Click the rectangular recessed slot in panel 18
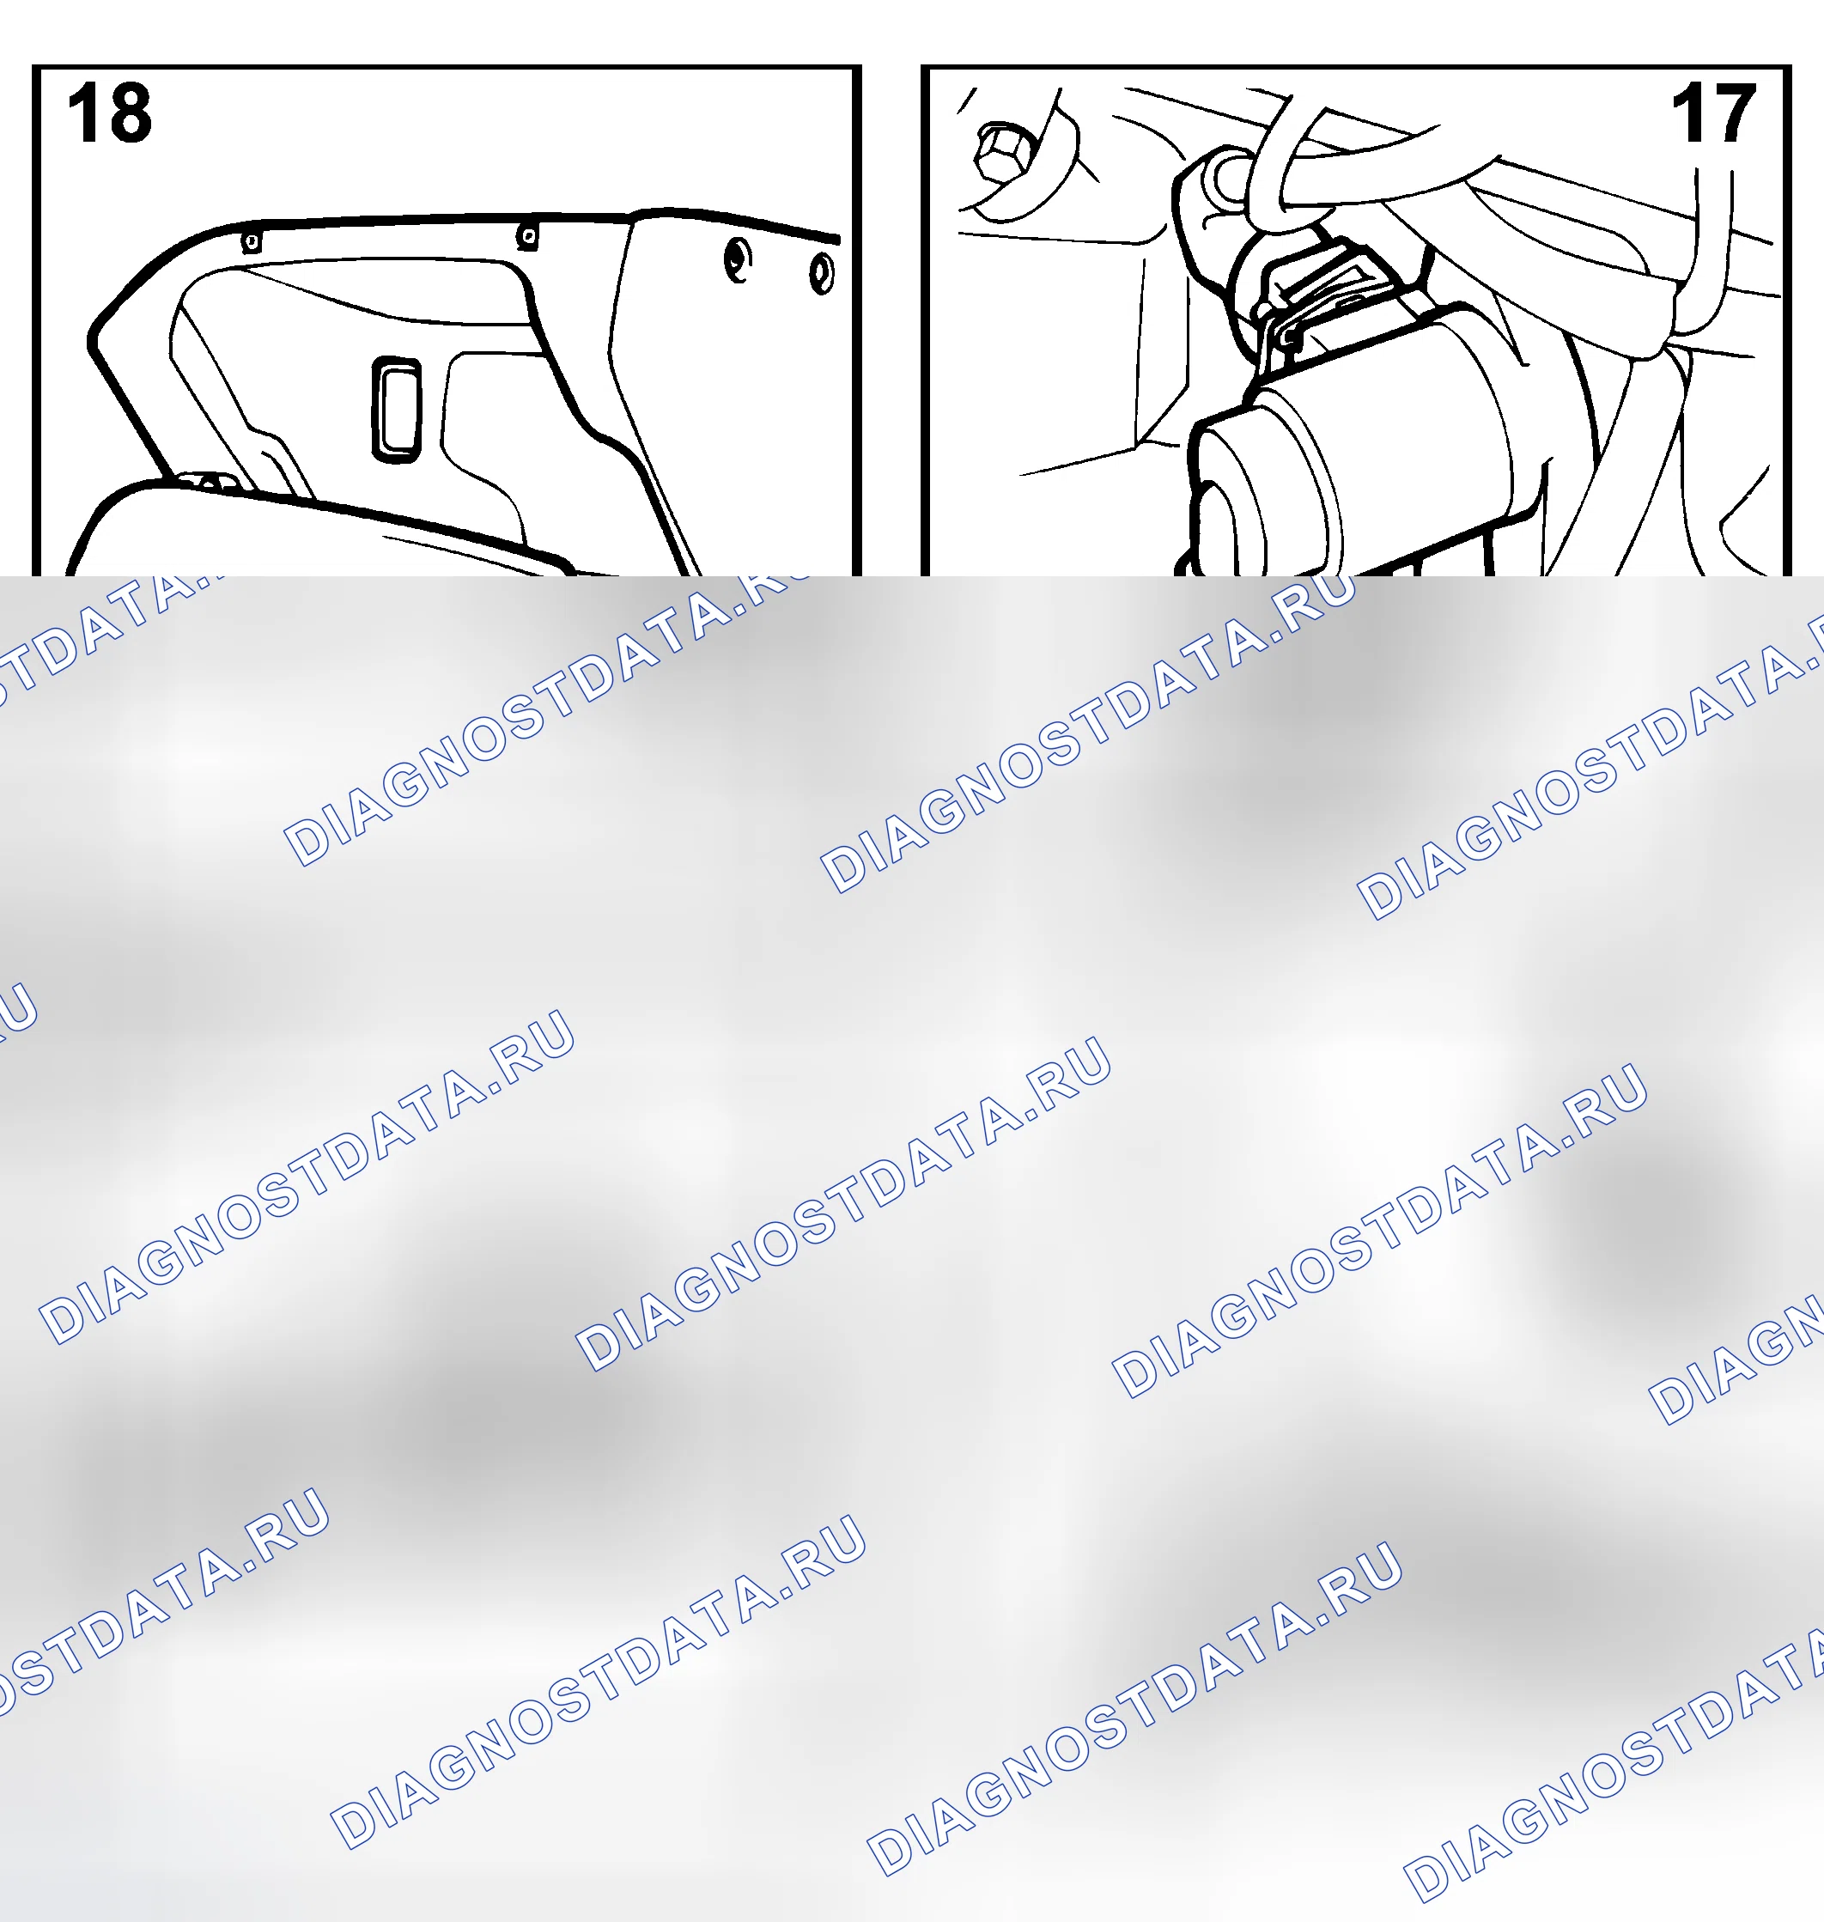point(397,408)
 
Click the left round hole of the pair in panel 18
point(738,260)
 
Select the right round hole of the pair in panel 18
point(822,273)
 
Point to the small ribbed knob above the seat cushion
point(207,482)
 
